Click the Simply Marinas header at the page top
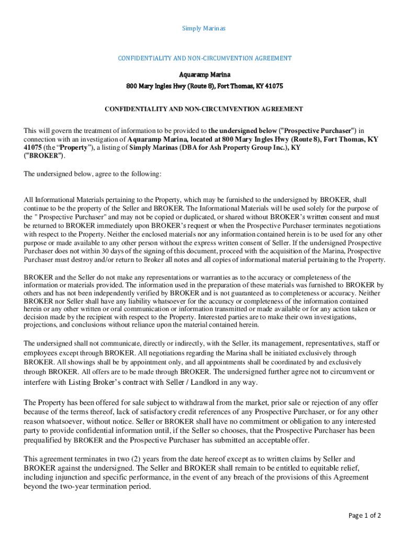point(204,28)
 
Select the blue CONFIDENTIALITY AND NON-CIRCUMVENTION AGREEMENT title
point(204,58)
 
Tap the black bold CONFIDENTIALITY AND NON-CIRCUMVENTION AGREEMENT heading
point(204,109)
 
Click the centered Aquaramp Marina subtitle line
point(204,75)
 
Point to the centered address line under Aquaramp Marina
point(204,85)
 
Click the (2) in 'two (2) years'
point(116,459)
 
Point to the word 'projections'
point(40,325)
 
